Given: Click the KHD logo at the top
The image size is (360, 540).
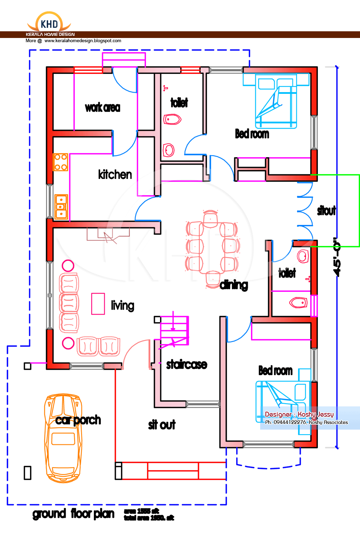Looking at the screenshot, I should pyautogui.click(x=49, y=24).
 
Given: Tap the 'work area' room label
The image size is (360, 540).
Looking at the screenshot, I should pyautogui.click(x=102, y=108).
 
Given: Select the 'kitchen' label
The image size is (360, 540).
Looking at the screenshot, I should pyautogui.click(x=115, y=174).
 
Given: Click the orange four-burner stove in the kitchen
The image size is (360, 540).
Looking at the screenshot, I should pyautogui.click(x=60, y=162).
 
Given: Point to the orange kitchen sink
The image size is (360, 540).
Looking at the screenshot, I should pyautogui.click(x=61, y=207).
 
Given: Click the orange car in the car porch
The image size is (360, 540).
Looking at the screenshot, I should pyautogui.click(x=63, y=438).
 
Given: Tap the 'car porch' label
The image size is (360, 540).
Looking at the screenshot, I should pyautogui.click(x=78, y=420).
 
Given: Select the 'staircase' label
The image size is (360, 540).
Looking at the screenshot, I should pyautogui.click(x=186, y=365).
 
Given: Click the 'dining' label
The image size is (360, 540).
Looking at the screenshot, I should pyautogui.click(x=234, y=285).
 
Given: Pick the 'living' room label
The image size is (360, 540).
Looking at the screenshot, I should pyautogui.click(x=122, y=306).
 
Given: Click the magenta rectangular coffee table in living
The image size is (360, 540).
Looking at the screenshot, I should pyautogui.click(x=98, y=304).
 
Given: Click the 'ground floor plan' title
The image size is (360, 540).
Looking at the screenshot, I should pyautogui.click(x=73, y=514).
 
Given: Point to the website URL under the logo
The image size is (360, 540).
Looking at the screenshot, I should pyautogui.click(x=83, y=41).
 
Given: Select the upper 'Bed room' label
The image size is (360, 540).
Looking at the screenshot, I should pyautogui.click(x=252, y=134).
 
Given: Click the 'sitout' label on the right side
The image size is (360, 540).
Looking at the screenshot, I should pyautogui.click(x=326, y=211).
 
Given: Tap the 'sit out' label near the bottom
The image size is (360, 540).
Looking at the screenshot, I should pyautogui.click(x=162, y=425).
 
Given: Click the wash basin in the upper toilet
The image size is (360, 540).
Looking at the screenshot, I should pyautogui.click(x=169, y=150).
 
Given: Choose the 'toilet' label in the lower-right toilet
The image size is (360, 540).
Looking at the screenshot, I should pyautogui.click(x=287, y=273).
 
